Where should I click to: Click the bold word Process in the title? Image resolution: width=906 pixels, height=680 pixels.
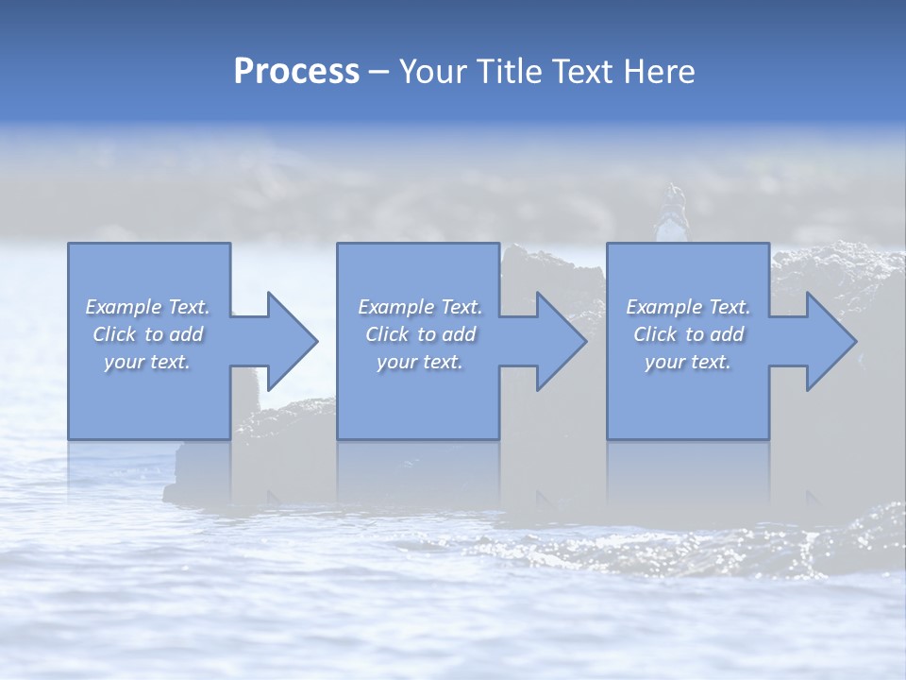click(x=296, y=72)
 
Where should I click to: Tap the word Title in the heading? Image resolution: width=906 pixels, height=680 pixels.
click(x=509, y=72)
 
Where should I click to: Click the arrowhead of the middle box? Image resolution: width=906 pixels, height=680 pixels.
click(x=561, y=341)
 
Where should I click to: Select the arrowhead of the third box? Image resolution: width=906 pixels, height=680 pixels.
click(x=830, y=341)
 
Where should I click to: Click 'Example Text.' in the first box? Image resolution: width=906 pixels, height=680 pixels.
click(x=147, y=307)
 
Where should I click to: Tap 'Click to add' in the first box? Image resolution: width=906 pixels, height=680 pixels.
click(x=147, y=334)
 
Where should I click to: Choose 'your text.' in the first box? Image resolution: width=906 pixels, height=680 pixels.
click(x=147, y=362)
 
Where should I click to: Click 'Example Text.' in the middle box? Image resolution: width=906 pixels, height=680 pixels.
click(x=419, y=307)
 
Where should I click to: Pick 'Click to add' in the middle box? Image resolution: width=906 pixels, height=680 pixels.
click(x=419, y=334)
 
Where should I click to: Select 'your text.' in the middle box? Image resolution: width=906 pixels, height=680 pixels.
click(x=419, y=362)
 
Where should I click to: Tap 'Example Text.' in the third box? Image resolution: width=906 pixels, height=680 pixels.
click(x=688, y=307)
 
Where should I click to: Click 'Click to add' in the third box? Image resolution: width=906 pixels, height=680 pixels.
click(x=688, y=334)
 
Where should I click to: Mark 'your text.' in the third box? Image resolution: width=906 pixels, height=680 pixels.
click(x=688, y=362)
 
